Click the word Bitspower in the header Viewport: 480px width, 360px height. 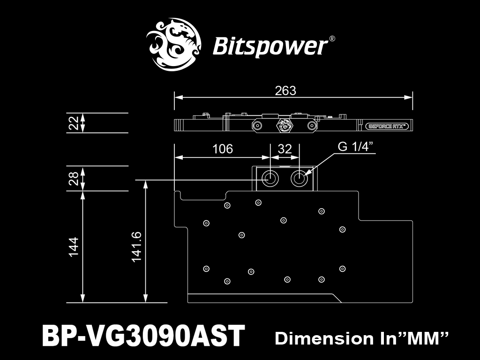(x=270, y=46)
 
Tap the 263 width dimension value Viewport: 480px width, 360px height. (x=285, y=90)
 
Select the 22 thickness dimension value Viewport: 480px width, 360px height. (x=74, y=123)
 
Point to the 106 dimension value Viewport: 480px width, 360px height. (x=223, y=149)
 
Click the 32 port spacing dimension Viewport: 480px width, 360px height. (x=285, y=149)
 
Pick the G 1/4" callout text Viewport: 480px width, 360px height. (x=356, y=147)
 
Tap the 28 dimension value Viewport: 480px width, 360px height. (x=74, y=178)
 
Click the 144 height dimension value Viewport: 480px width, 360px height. (x=74, y=247)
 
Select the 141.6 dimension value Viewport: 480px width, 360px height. (x=136, y=247)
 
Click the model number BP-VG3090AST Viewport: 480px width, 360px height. (x=143, y=336)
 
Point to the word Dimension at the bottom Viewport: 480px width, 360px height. (x=324, y=338)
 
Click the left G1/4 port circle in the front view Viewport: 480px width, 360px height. (x=270, y=178)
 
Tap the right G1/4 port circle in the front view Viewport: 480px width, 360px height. (x=299, y=178)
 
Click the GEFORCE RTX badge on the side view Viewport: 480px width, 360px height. (x=387, y=126)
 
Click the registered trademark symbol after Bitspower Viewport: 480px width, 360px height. (x=332, y=39)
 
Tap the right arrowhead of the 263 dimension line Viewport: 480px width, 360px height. (x=408, y=97)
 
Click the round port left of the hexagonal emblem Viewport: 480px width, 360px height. (x=257, y=126)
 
